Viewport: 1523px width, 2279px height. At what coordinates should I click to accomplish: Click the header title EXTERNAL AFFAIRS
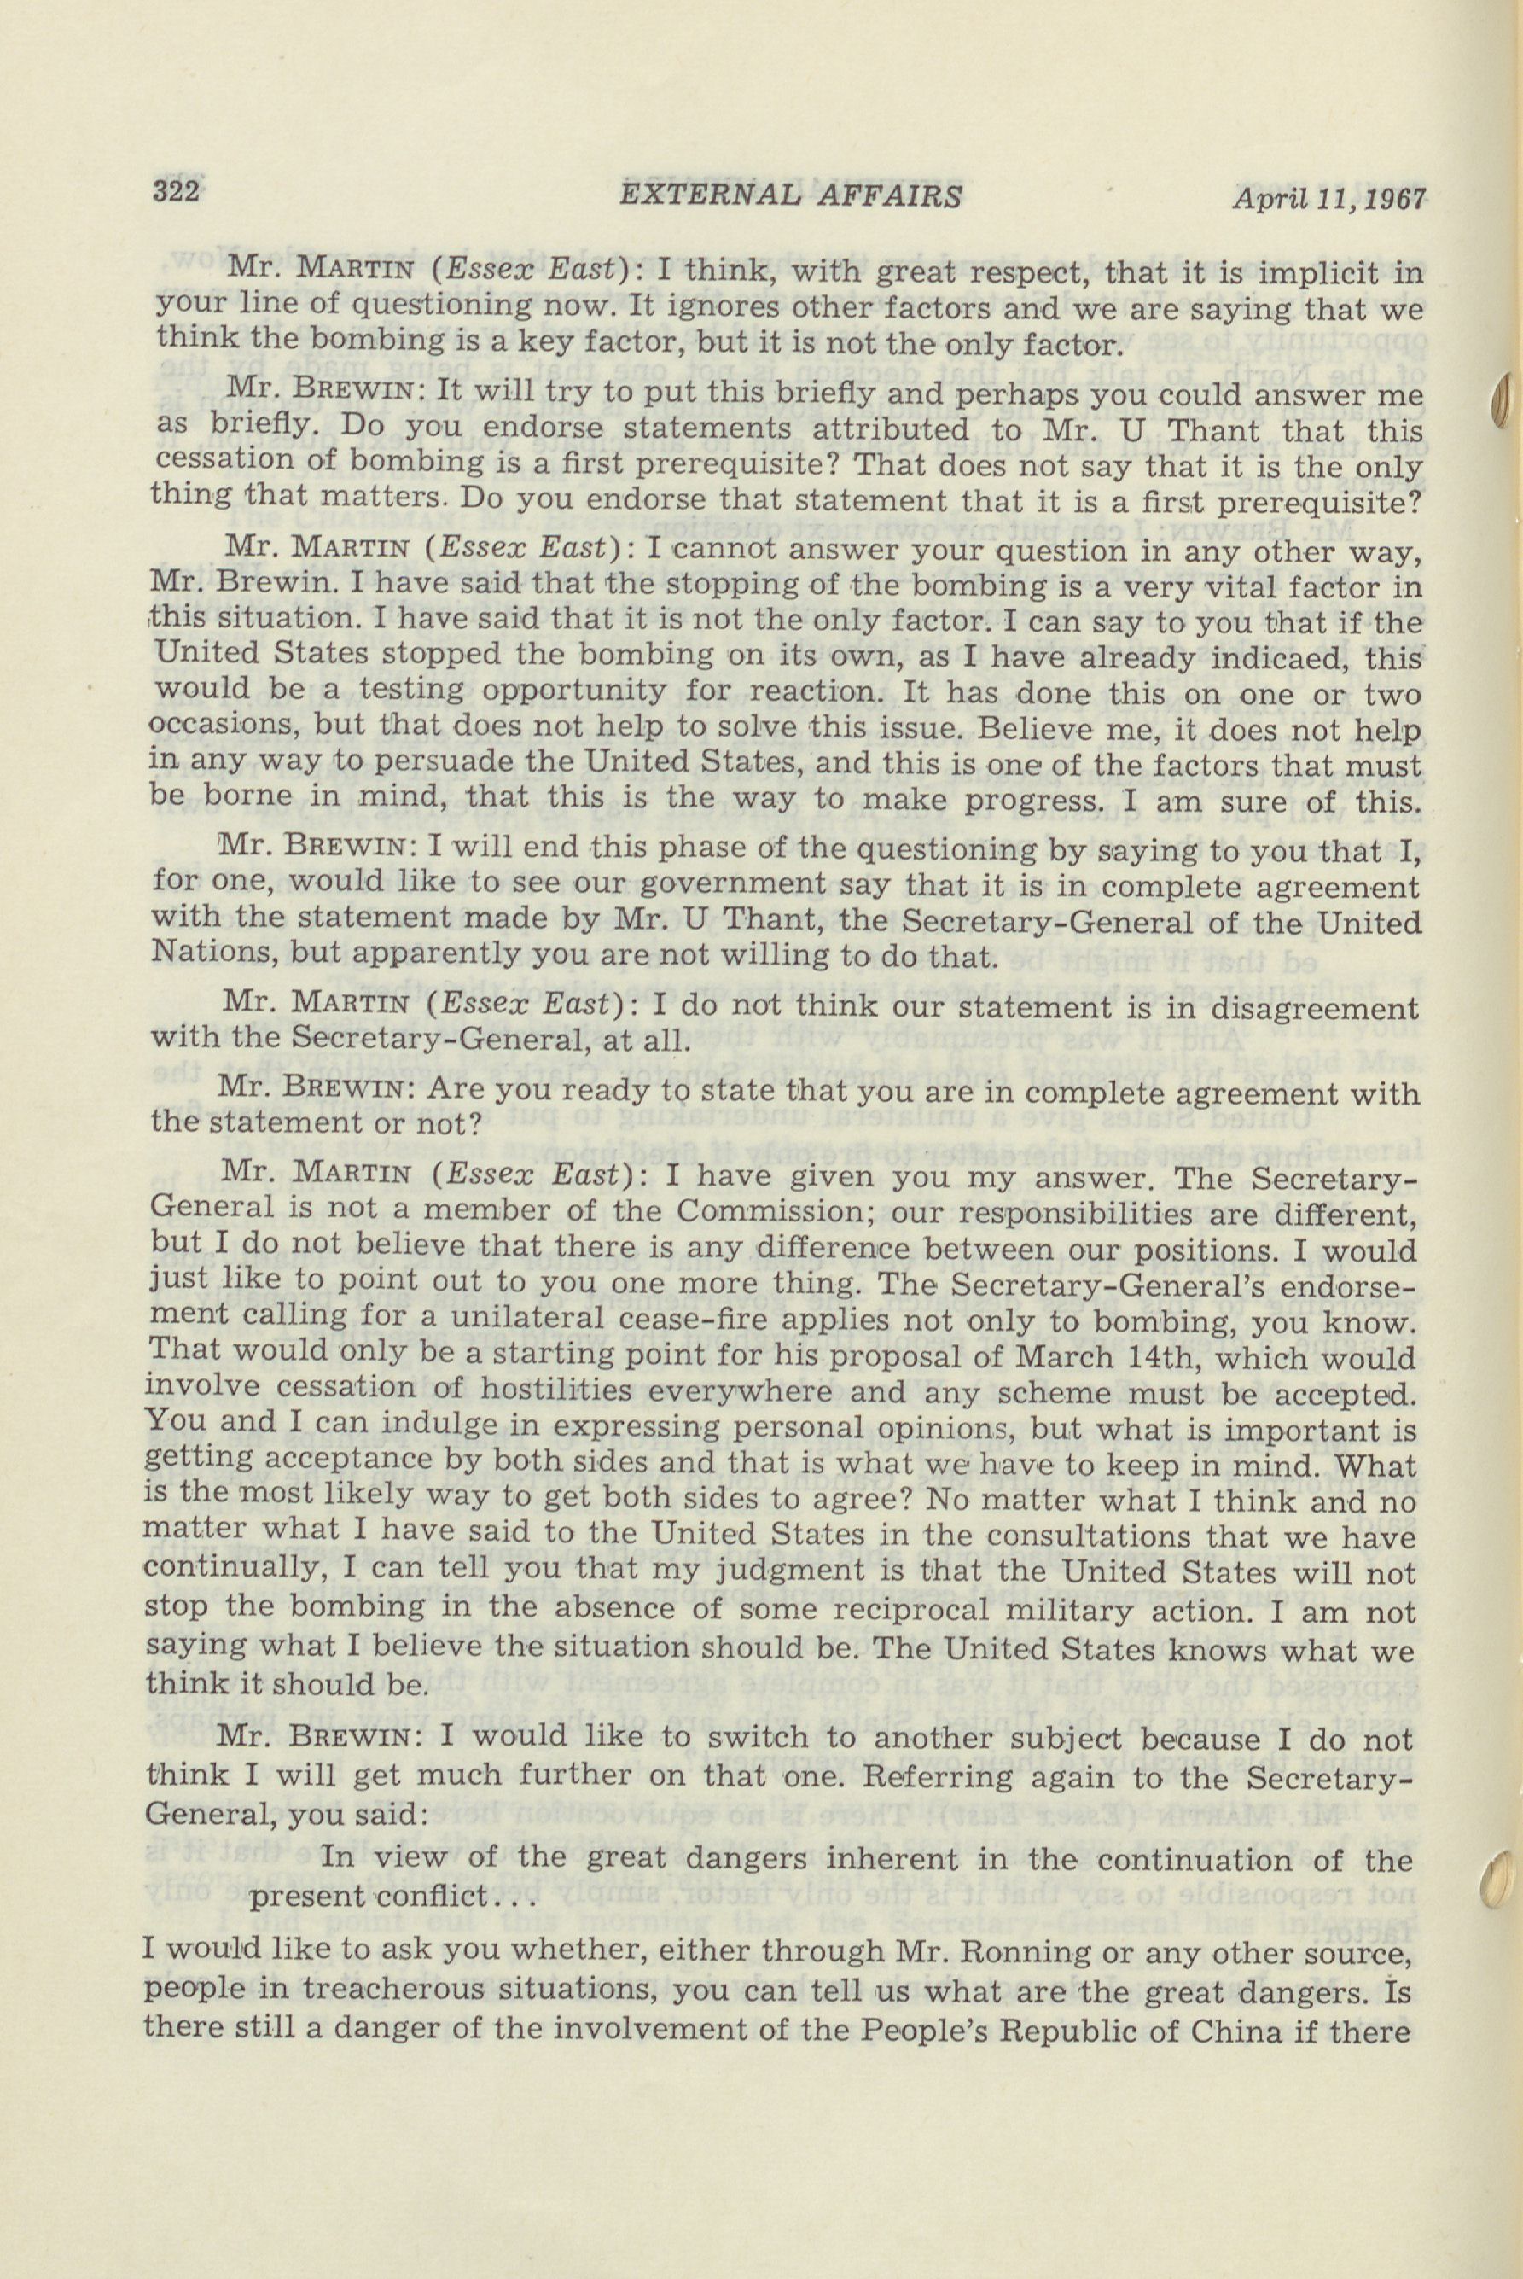790,196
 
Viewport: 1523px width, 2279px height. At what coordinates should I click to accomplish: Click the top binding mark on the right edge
1502,400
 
